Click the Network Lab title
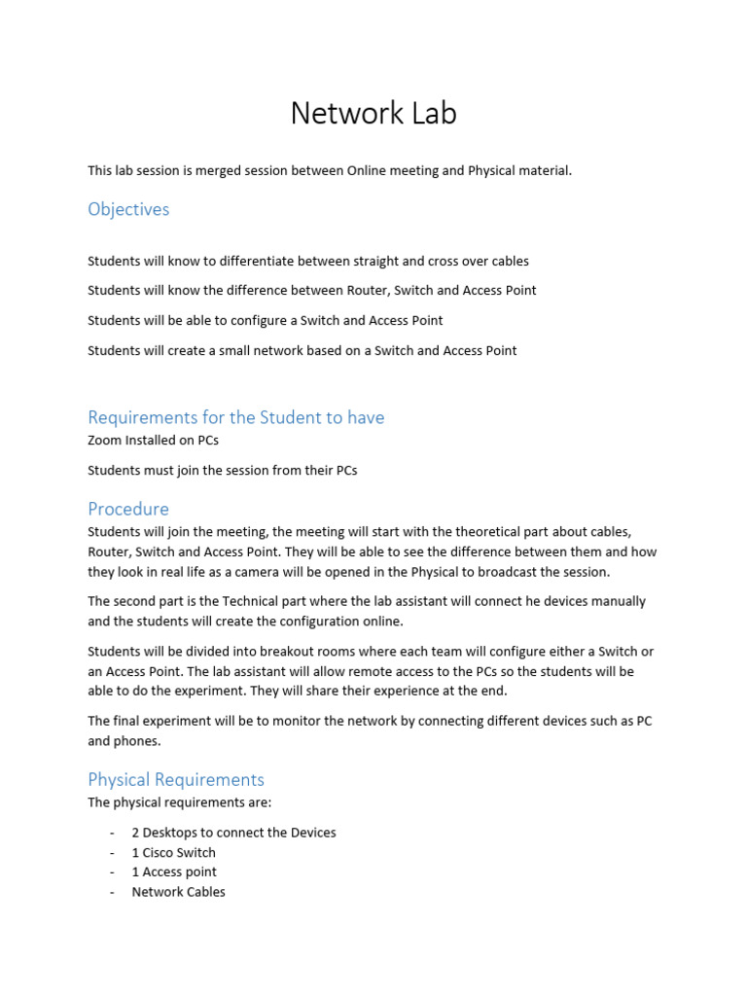(373, 114)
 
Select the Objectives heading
(128, 209)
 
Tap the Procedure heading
(128, 509)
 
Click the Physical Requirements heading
(176, 779)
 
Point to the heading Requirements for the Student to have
(236, 417)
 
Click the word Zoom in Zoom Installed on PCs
(105, 440)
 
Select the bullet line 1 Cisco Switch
(174, 852)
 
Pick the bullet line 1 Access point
(174, 871)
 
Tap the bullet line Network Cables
(179, 891)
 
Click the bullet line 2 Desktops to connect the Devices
(234, 833)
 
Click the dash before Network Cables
(113, 892)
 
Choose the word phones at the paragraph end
(138, 740)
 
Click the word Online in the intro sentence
(371, 170)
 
